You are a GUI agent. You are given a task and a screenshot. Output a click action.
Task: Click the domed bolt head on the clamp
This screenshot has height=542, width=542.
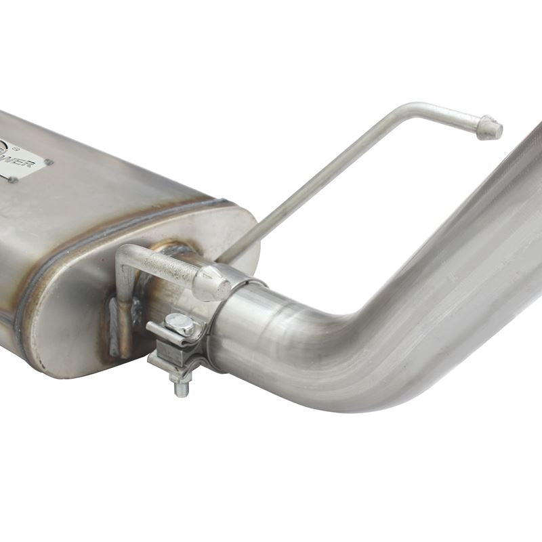tap(181, 325)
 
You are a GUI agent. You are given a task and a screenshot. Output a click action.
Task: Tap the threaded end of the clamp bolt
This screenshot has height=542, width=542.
tap(181, 387)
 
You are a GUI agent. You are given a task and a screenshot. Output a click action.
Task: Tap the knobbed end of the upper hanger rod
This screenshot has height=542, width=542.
tap(489, 127)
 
